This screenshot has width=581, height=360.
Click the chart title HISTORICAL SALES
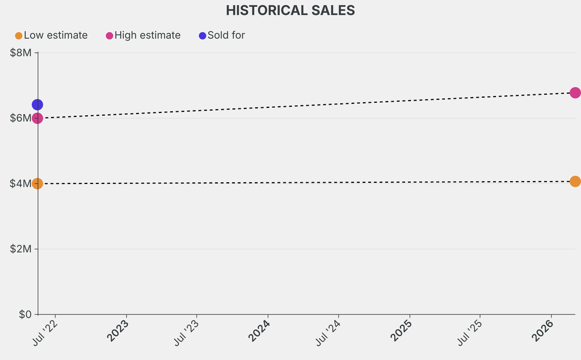(290, 10)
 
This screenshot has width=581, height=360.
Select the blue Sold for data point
(37, 104)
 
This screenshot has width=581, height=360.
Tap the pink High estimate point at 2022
(37, 118)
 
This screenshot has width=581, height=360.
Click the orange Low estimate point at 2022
(37, 183)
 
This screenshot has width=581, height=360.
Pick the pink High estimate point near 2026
(575, 93)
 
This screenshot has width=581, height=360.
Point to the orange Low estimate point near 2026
(575, 181)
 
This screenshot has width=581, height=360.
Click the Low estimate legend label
(56, 35)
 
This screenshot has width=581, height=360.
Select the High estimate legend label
(148, 35)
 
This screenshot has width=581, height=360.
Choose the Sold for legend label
(226, 35)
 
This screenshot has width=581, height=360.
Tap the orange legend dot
(19, 36)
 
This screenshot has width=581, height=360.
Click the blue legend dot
(203, 36)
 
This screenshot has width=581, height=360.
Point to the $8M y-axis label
(22, 53)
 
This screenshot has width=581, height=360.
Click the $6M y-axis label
(22, 118)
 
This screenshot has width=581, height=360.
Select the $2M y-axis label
(22, 249)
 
